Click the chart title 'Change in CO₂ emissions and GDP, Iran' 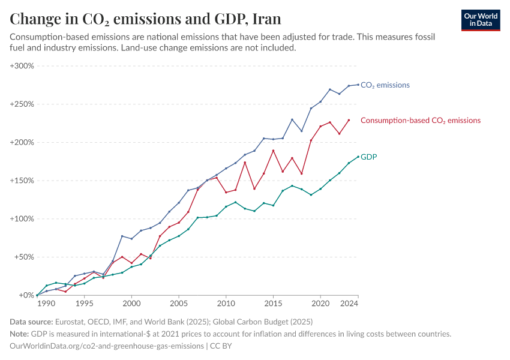[x=145, y=19]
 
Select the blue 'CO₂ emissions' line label [x=385, y=85]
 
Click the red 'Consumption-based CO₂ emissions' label [x=420, y=121]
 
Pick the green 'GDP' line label [x=368, y=157]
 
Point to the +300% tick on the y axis [x=22, y=66]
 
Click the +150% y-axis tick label [x=22, y=181]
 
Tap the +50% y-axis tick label [x=24, y=257]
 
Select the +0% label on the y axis [x=26, y=295]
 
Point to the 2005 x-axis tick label [x=179, y=304]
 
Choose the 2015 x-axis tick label [x=274, y=304]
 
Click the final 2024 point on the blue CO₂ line [x=358, y=85]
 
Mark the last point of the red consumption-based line [x=349, y=120]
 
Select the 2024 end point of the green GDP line [x=358, y=157]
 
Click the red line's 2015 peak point [x=274, y=151]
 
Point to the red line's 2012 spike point [x=245, y=163]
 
